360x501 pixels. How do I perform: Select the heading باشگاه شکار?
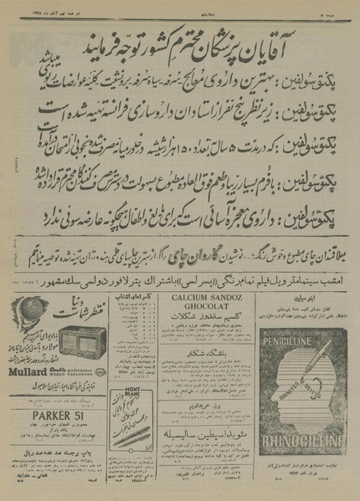(198, 366)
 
